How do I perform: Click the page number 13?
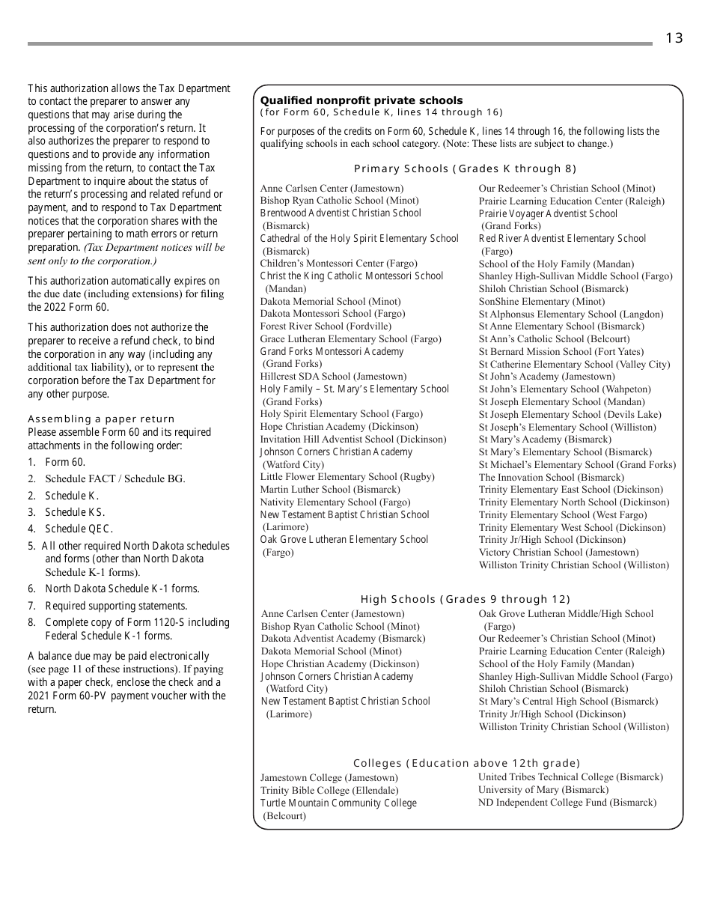[674, 38]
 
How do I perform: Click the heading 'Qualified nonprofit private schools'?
[361, 100]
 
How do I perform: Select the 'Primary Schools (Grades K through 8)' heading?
[465, 168]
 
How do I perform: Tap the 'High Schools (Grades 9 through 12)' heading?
[465, 599]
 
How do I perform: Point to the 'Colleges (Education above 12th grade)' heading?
[466, 763]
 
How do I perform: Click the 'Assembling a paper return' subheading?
[101, 419]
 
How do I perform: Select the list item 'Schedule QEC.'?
[79, 529]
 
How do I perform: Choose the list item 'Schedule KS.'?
[75, 512]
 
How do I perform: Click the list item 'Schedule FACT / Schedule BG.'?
[115, 478]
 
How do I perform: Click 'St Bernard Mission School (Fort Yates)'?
[561, 351]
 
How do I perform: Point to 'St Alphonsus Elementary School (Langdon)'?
[570, 314]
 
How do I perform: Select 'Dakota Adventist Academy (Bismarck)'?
[343, 639]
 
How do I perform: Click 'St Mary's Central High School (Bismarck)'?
[568, 702]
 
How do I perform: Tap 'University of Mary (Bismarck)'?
[543, 790]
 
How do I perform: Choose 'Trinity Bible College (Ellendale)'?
[329, 791]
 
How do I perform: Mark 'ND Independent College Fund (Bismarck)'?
[567, 803]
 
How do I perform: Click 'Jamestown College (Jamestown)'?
[329, 778]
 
